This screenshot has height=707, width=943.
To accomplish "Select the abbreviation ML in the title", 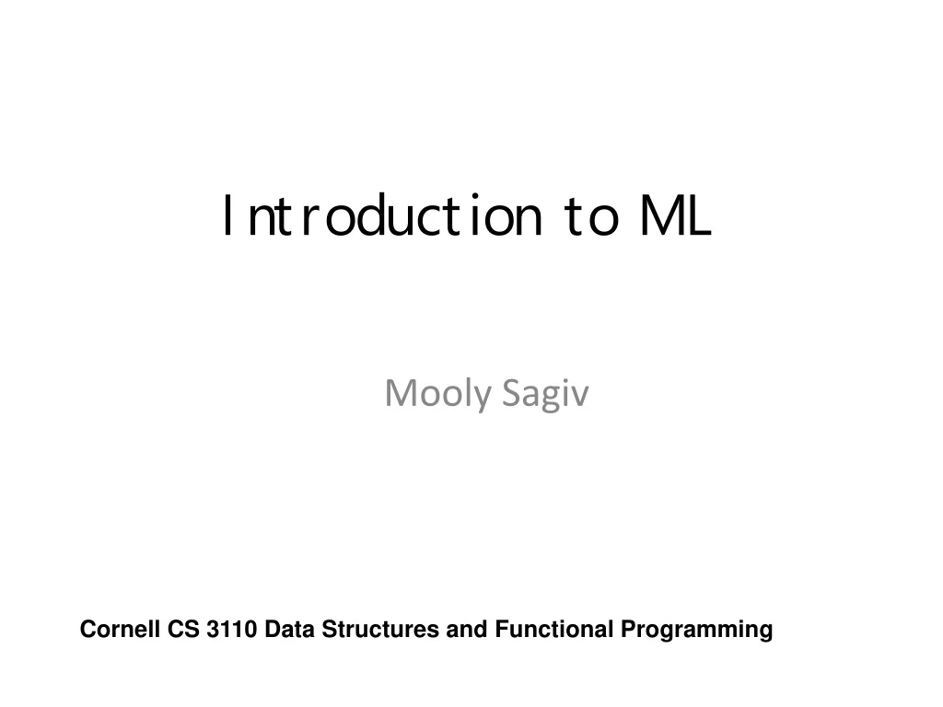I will (x=677, y=217).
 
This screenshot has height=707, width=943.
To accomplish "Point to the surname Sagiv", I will (x=546, y=394).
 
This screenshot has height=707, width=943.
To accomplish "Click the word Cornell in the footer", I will (x=120, y=631).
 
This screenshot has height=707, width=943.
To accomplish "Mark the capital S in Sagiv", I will (x=512, y=394).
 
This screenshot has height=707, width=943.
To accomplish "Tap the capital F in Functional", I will (x=500, y=631).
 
